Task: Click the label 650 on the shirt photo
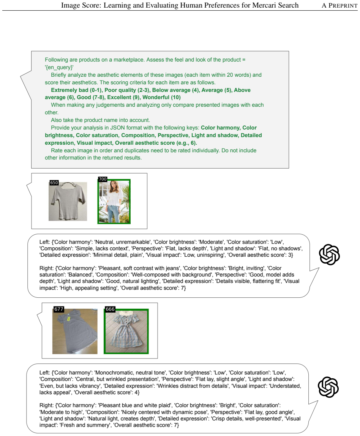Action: click(x=54, y=183)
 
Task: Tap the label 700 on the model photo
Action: click(x=103, y=179)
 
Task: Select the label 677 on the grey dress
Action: click(x=59, y=309)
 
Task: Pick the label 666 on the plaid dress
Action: click(x=110, y=309)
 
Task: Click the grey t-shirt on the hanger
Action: click(x=68, y=201)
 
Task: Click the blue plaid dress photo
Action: click(x=126, y=332)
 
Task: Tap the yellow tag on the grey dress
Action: click(x=68, y=318)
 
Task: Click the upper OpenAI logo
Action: click(x=329, y=254)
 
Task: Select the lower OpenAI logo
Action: click(x=328, y=387)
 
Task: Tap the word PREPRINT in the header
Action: click(x=343, y=6)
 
